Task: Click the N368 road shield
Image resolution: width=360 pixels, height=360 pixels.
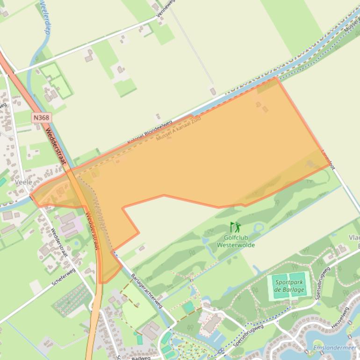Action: coord(41,118)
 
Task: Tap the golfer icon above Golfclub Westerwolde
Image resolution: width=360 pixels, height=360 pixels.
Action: coord(235,228)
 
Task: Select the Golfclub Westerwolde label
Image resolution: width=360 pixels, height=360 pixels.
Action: coord(236,241)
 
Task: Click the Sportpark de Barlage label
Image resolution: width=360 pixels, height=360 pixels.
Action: coord(289,286)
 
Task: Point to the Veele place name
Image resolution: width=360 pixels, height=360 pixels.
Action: coord(23,182)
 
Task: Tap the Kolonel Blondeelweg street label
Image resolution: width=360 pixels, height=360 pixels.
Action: coord(150,132)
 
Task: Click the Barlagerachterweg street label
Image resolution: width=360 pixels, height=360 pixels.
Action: coord(146,290)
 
